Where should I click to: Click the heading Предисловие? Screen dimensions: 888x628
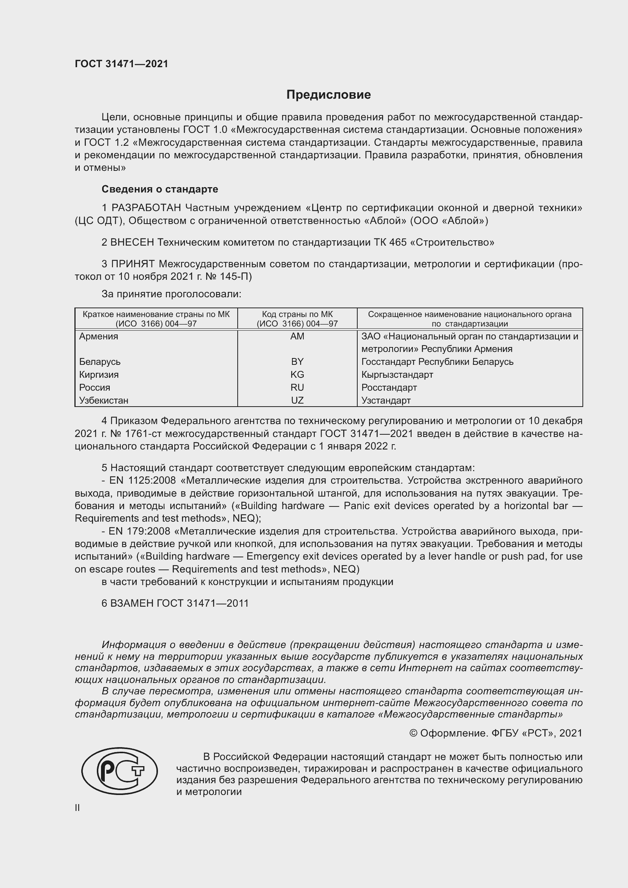(328, 95)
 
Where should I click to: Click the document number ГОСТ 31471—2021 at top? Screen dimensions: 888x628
(121, 64)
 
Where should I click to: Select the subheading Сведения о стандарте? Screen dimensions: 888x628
(160, 189)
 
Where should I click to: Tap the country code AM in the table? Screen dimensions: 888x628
(297, 336)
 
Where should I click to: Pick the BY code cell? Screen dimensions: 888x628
(297, 362)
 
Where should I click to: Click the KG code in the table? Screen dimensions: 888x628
(297, 374)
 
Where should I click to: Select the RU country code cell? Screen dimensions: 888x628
(297, 387)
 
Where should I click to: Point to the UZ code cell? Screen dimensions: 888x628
(297, 400)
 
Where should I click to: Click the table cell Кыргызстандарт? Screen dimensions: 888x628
(397, 374)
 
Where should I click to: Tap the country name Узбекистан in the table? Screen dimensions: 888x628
(104, 400)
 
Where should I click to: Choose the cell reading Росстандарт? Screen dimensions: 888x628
(389, 387)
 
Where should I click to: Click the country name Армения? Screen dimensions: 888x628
(99, 336)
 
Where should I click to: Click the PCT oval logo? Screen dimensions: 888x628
(120, 771)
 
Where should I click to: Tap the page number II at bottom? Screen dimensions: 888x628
(77, 808)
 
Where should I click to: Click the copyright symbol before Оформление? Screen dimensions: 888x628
(413, 733)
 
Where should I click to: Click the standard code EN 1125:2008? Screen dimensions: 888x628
(142, 481)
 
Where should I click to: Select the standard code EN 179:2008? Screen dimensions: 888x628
(140, 532)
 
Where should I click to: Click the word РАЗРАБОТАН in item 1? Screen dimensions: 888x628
(146, 208)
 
